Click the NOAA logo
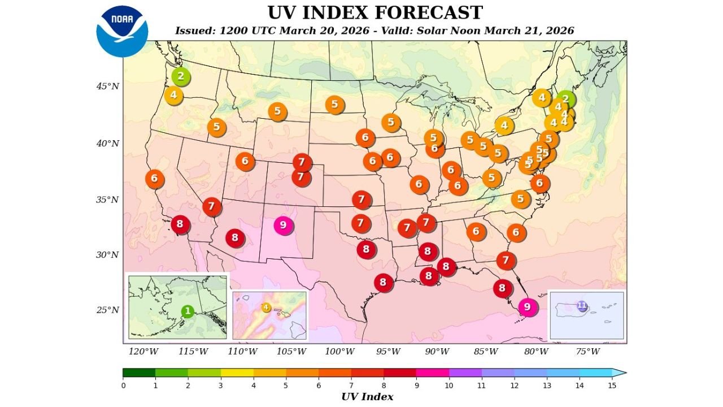[122, 31]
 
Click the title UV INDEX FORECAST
[374, 12]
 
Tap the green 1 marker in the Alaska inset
[188, 311]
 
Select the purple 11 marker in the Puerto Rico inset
[582, 306]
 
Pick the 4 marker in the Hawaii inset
[266, 308]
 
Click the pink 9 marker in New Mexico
[283, 225]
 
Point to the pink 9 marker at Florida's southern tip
[528, 306]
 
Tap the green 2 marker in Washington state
[181, 76]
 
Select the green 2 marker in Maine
[565, 99]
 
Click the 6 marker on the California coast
[154, 179]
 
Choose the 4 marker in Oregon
[173, 95]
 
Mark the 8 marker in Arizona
[235, 237]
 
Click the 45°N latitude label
[107, 86]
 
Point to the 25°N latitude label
[107, 310]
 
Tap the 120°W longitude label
[143, 352]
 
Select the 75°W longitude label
[587, 352]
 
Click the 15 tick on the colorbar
[612, 386]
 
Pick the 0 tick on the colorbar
[123, 386]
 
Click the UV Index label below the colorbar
[367, 397]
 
